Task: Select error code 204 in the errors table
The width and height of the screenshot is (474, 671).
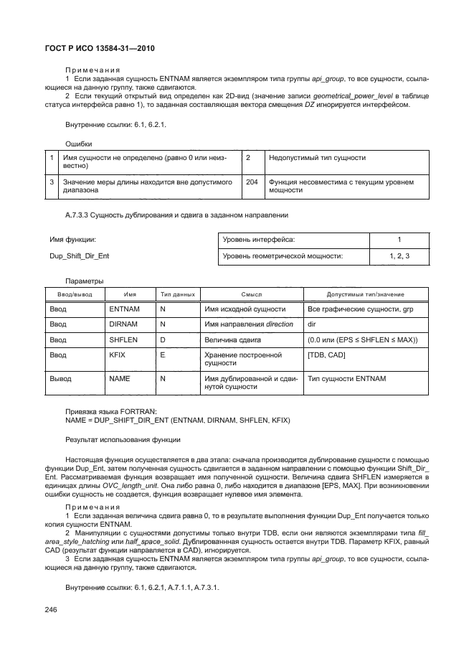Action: [x=252, y=182]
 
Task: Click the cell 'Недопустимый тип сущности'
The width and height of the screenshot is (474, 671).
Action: [x=316, y=156]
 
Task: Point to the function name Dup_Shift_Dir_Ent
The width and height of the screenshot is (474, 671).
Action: [x=79, y=255]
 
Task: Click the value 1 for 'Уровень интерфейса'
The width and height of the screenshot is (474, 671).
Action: [x=399, y=239]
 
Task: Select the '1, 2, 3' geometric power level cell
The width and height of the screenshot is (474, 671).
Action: [x=399, y=255]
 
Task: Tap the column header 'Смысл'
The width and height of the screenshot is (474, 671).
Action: [x=251, y=294]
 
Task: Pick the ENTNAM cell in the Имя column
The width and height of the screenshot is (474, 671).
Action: [x=123, y=309]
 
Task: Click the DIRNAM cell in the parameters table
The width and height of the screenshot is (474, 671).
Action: [x=123, y=324]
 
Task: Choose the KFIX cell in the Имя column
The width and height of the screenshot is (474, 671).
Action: [x=118, y=355]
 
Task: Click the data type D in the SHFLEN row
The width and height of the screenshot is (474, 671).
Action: [x=162, y=339]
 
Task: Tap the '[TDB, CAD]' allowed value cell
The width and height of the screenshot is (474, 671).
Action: [x=326, y=355]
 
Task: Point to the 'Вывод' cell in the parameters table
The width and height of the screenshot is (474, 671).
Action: [x=60, y=377]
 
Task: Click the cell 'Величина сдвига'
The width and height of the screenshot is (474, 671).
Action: [x=232, y=339]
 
